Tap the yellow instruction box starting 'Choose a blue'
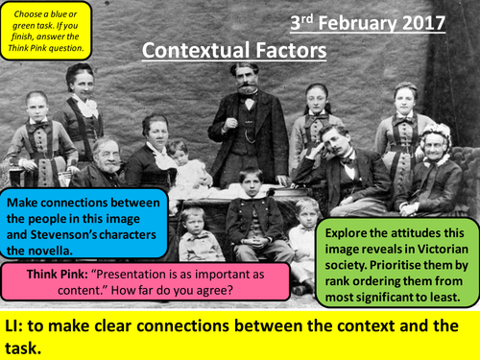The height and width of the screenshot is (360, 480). (x=46, y=28)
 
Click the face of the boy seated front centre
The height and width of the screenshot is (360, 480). (x=251, y=181)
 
